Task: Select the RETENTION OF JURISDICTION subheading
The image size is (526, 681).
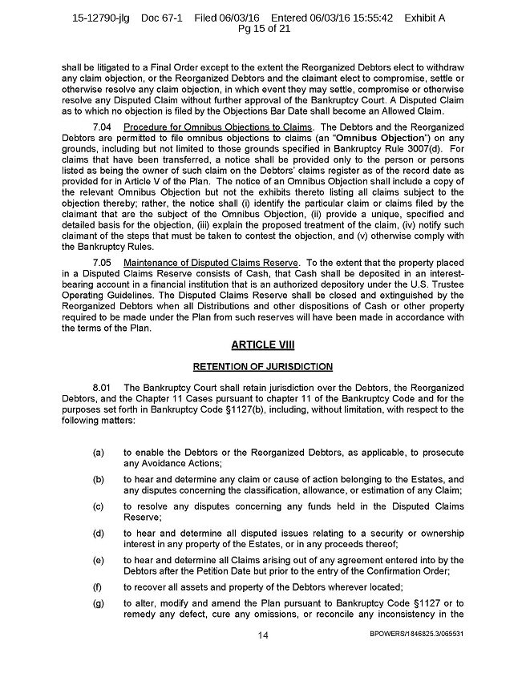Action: (x=263, y=366)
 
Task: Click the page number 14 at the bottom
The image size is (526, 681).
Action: (x=263, y=635)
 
